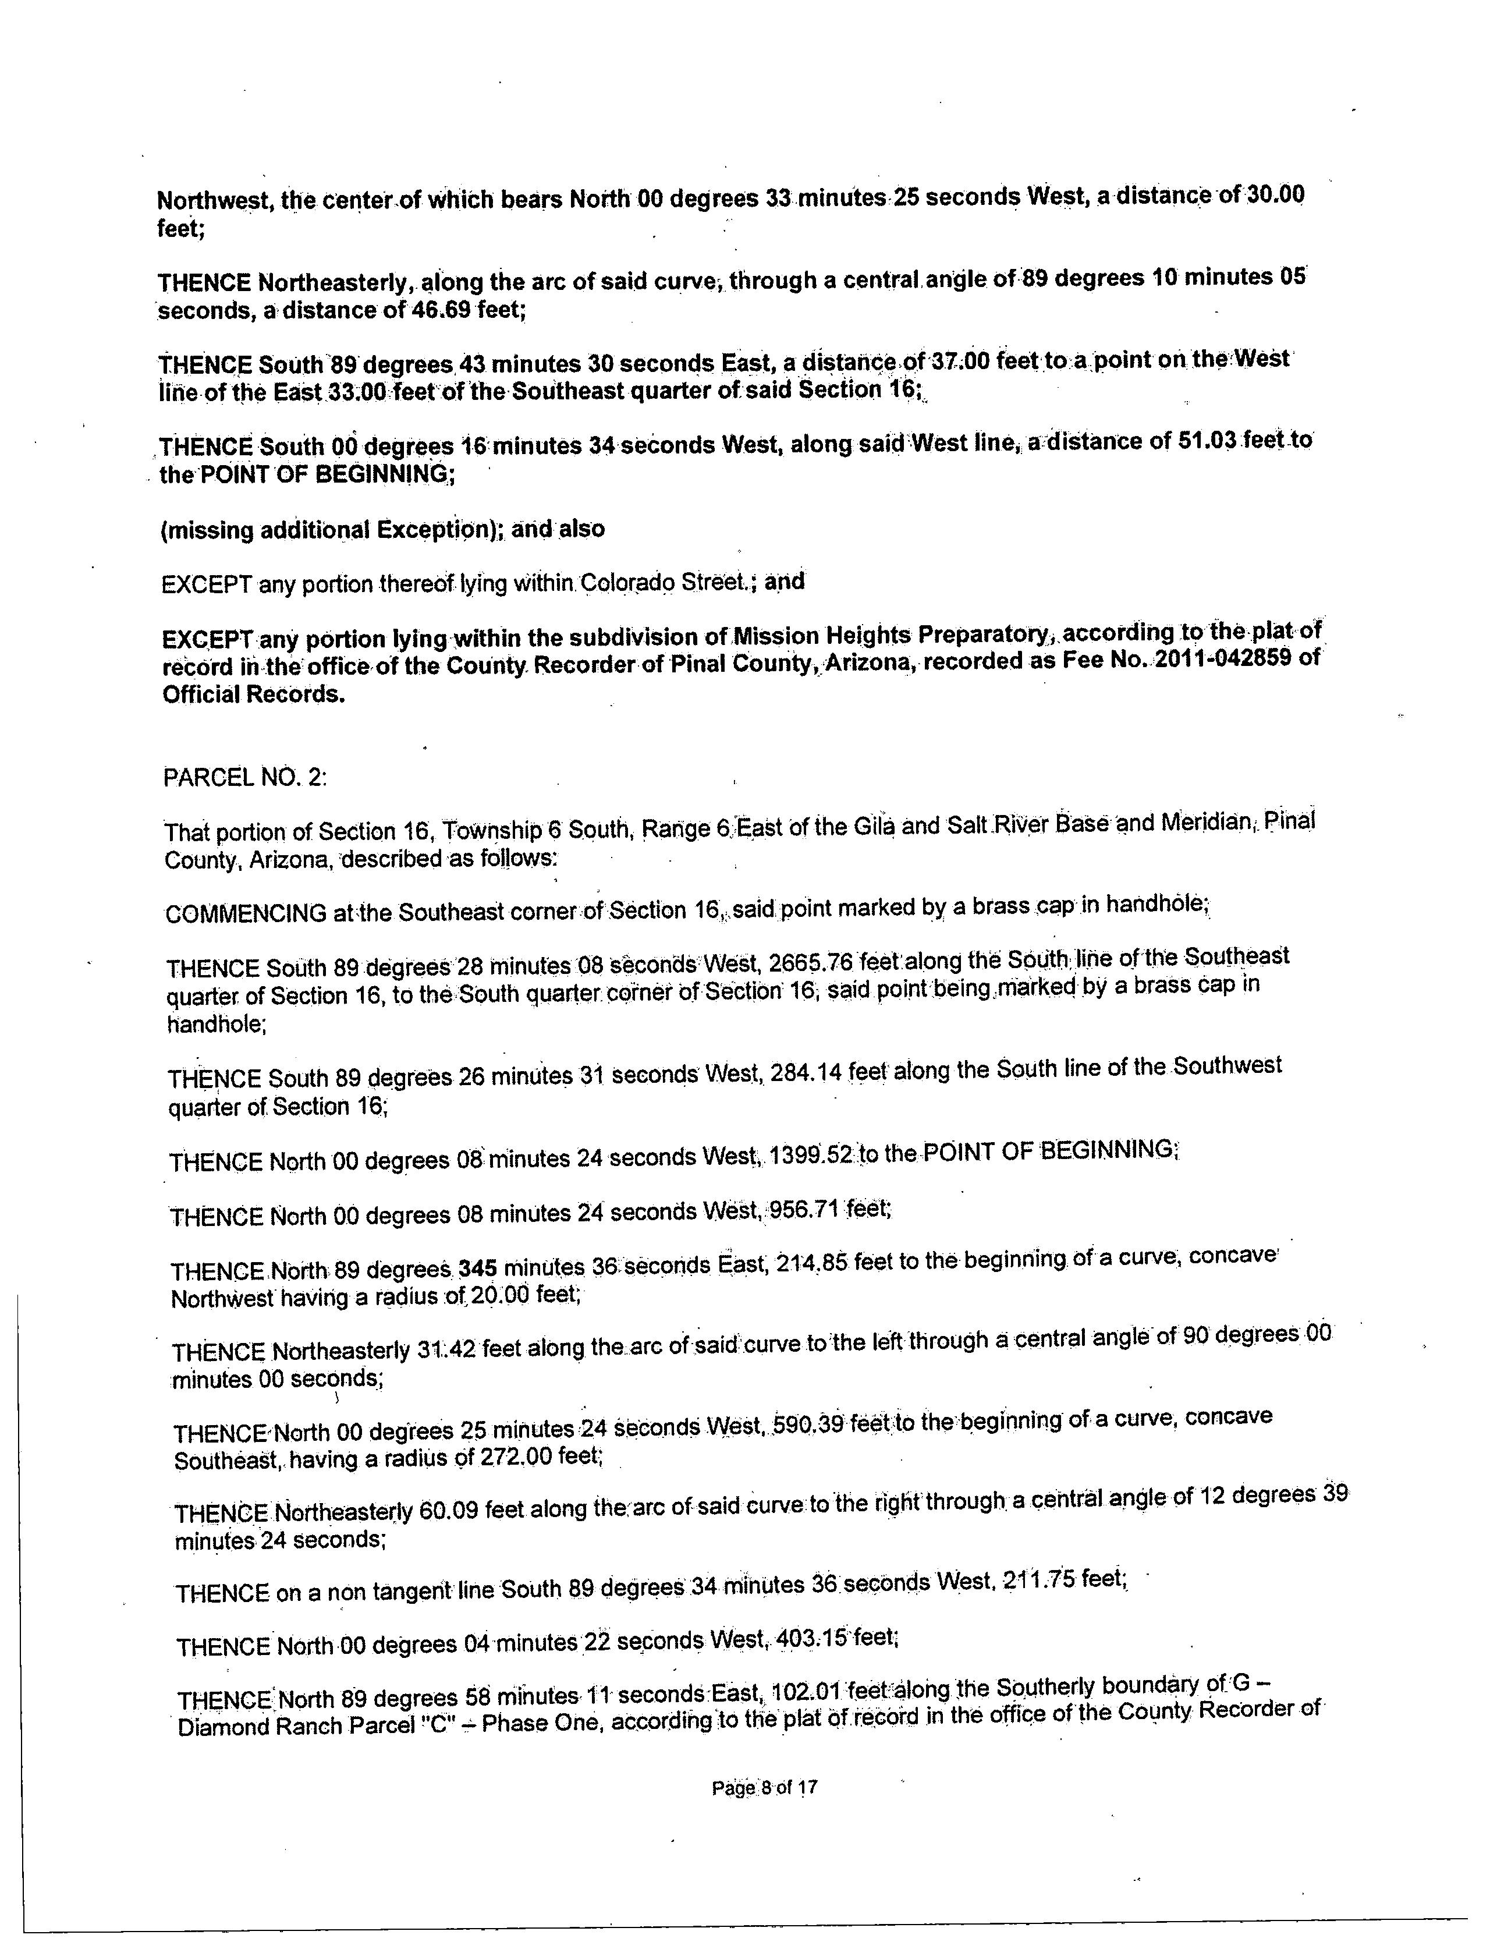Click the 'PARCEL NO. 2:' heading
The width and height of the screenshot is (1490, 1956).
pos(245,778)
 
